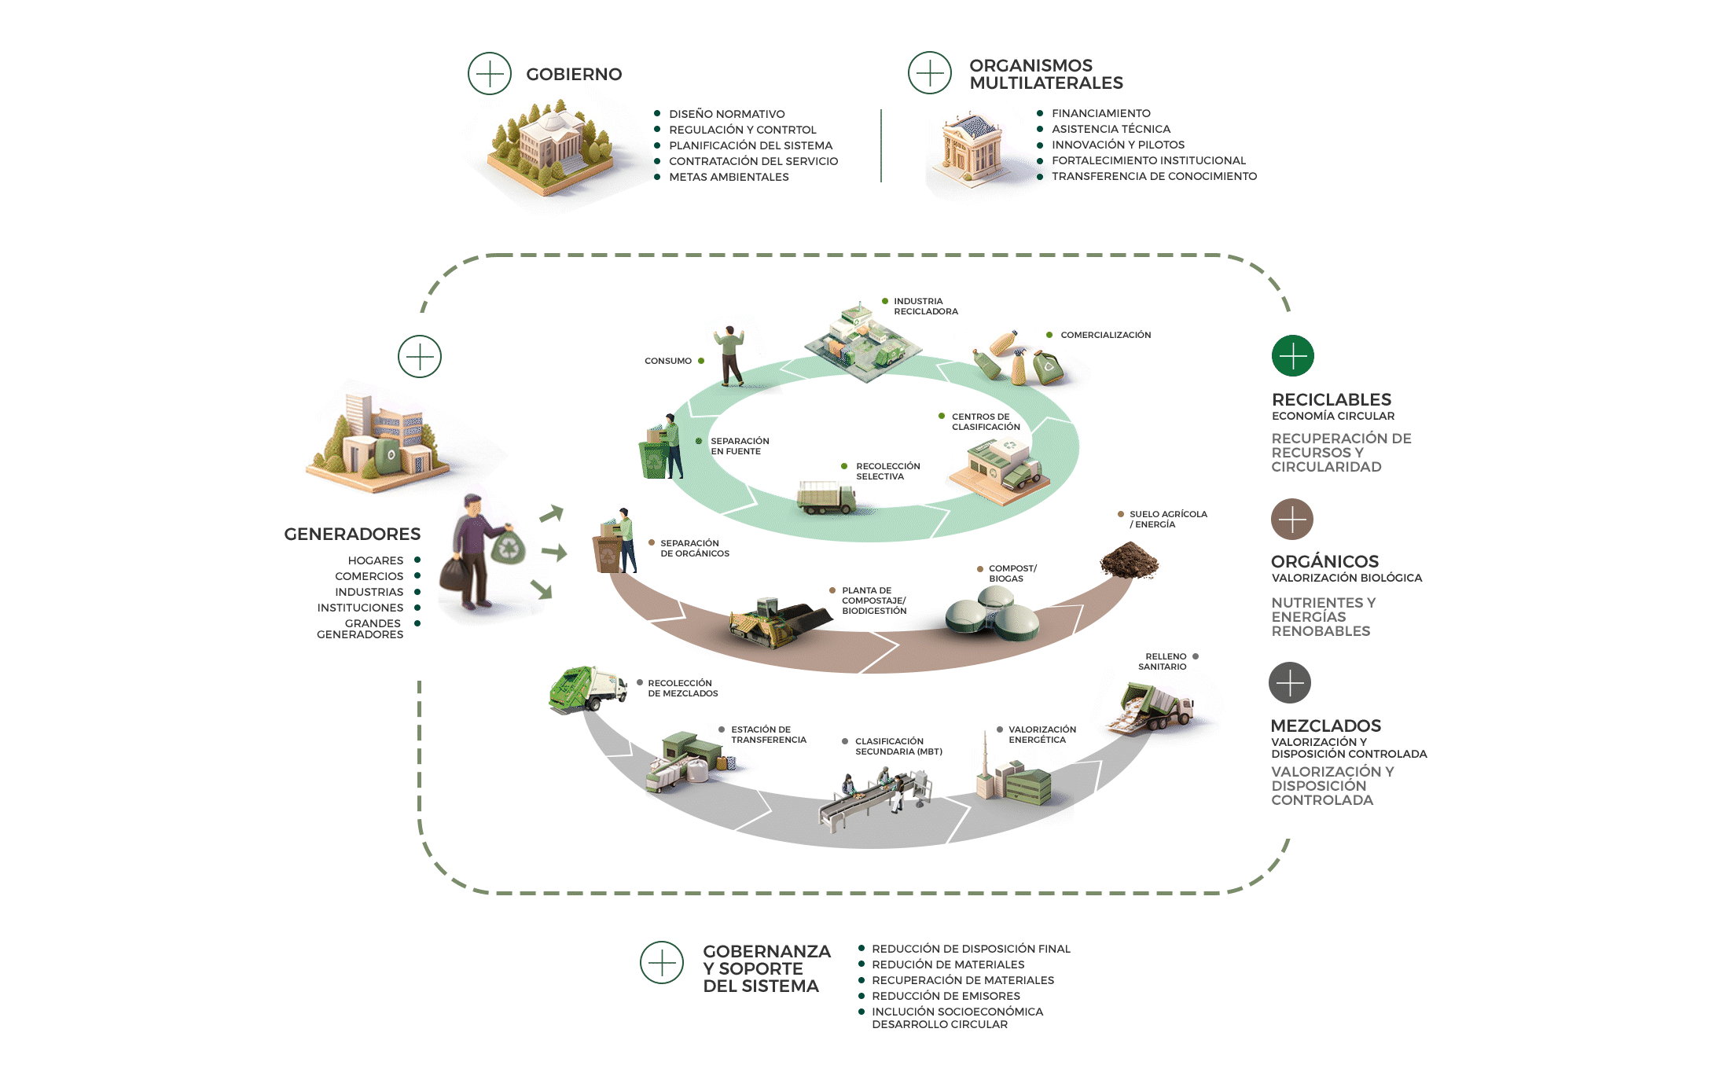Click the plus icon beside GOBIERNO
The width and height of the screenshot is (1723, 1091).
coord(489,74)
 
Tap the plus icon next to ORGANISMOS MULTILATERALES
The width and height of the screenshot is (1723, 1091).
coord(929,73)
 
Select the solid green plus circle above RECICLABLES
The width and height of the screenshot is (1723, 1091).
coord(1292,355)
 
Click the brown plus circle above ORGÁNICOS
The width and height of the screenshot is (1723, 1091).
coord(1291,519)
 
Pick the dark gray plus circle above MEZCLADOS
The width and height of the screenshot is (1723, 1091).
coord(1289,682)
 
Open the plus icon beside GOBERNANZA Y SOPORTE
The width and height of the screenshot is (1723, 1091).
coord(661,962)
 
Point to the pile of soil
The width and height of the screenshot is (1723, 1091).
coord(1129,560)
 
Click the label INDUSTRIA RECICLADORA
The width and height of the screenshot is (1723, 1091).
coord(925,307)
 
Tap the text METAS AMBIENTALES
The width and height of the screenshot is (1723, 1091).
coord(729,177)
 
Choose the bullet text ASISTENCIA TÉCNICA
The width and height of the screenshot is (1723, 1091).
coord(1111,129)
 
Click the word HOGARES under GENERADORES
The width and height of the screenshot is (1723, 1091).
coord(375,560)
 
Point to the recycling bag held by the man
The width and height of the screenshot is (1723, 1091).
coord(508,545)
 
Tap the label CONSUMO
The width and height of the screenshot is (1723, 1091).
coord(667,361)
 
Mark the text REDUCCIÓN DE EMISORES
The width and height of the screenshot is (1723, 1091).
coord(946,996)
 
